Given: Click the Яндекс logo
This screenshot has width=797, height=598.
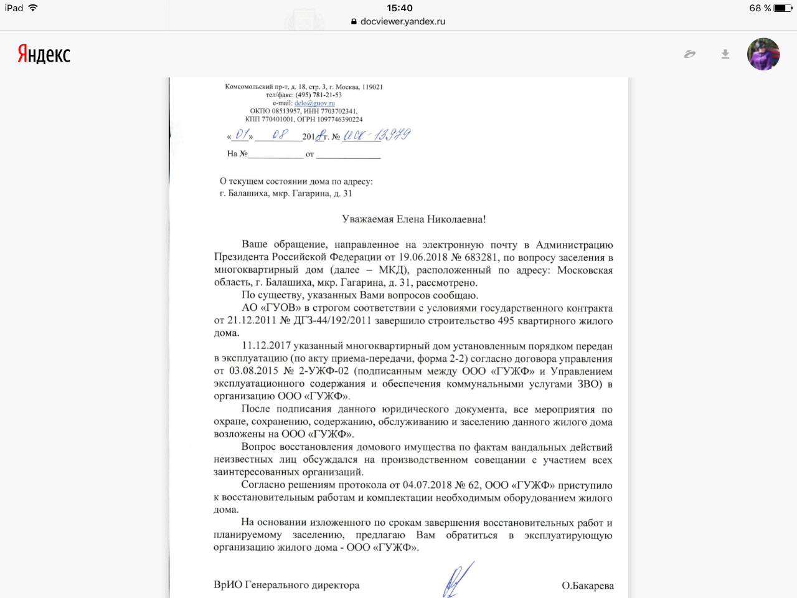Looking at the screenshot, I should (44, 54).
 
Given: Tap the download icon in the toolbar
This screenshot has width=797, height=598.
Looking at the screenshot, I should (725, 54).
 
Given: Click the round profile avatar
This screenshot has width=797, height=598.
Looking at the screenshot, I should (763, 54).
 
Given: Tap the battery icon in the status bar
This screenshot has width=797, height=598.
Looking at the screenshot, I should (783, 8).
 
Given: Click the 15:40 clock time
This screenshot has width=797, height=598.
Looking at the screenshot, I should (399, 8).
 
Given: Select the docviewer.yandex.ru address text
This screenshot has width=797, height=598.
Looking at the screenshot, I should (402, 21).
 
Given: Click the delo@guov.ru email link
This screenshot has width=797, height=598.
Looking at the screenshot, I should (314, 103).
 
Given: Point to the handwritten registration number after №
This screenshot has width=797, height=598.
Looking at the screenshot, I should (377, 135).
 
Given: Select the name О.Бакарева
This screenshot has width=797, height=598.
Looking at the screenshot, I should (587, 586).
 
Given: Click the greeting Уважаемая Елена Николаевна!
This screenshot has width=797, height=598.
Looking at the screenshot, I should (413, 219).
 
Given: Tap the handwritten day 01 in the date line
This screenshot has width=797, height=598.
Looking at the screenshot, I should (242, 135).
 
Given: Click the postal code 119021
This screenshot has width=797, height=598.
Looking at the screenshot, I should (372, 87).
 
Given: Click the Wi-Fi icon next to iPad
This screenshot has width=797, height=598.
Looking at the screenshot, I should (33, 8).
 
